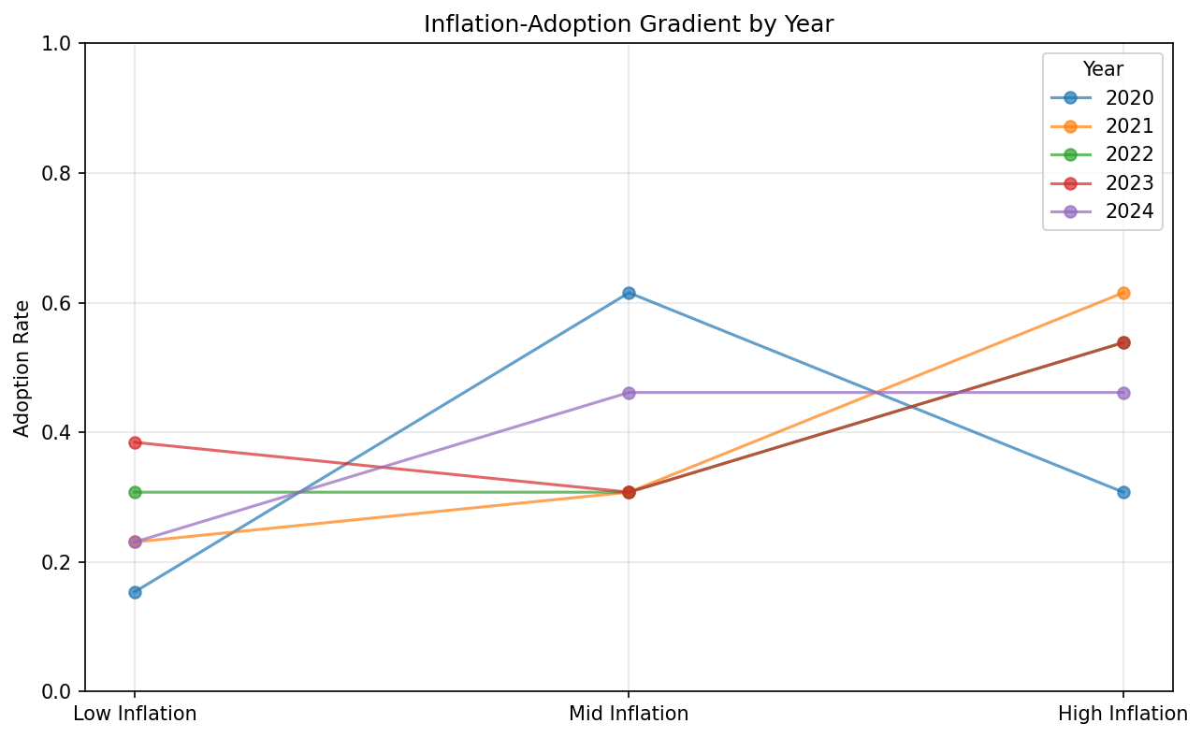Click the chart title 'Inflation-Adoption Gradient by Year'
click(x=628, y=24)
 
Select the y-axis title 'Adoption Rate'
click(x=22, y=368)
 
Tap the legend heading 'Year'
click(x=1102, y=69)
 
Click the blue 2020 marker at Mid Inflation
click(x=629, y=293)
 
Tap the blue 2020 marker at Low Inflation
click(x=135, y=592)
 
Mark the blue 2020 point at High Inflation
click(x=1122, y=492)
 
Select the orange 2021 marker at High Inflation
click(x=1122, y=293)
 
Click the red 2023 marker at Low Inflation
click(x=135, y=442)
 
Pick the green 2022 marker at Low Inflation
click(x=135, y=492)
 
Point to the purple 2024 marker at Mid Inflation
click(x=629, y=393)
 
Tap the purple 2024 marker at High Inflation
click(x=1122, y=393)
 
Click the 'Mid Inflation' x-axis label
click(x=629, y=715)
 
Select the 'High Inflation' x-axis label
click(x=1122, y=715)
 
